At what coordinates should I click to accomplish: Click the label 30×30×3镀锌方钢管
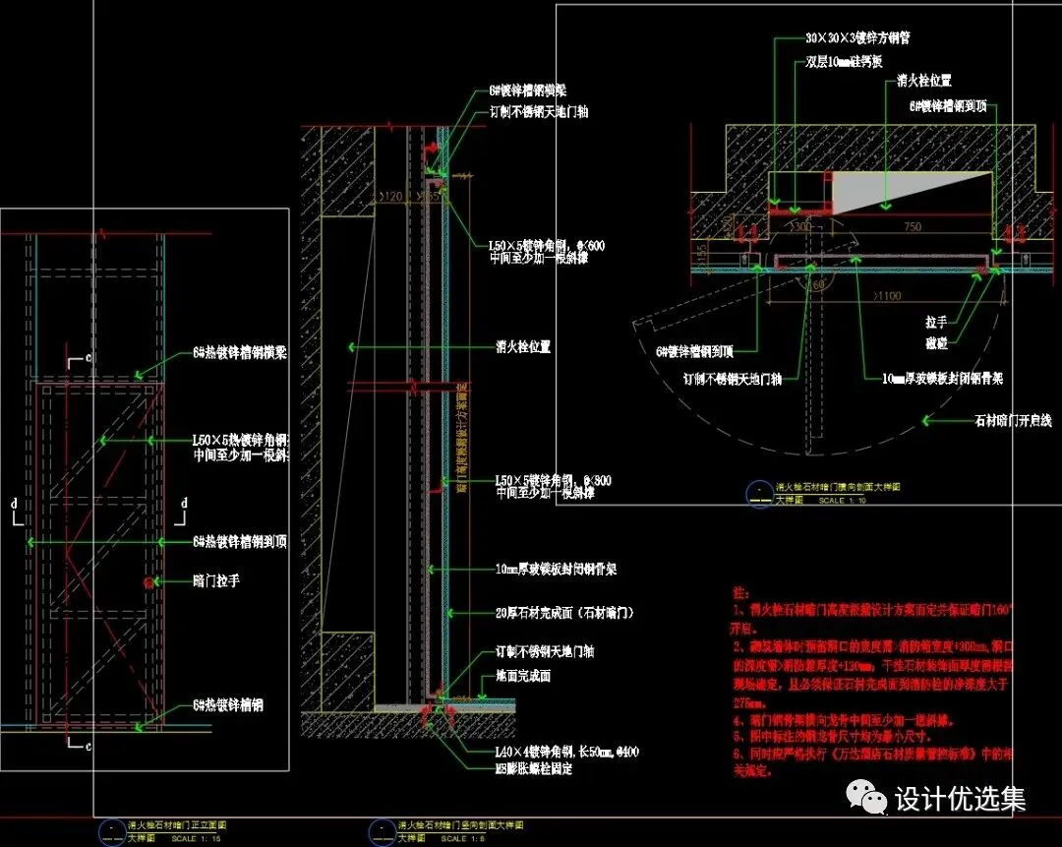(x=857, y=39)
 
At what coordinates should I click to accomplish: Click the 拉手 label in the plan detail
(x=963, y=321)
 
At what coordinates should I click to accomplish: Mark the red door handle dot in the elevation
(x=147, y=582)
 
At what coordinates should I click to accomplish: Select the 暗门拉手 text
(x=215, y=581)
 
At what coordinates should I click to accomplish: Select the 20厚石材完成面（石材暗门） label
(x=565, y=612)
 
